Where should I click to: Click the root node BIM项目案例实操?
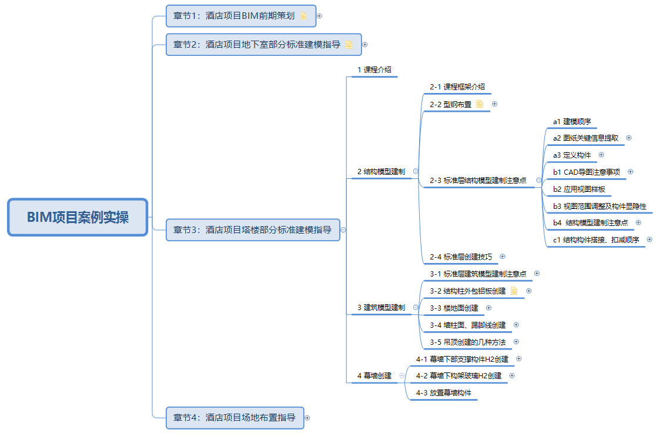coord(78,217)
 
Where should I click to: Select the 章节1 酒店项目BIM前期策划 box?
coord(241,16)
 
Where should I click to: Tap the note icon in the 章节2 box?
coord(349,44)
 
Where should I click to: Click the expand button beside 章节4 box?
coord(307,418)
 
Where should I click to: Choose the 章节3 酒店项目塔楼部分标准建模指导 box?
coord(253,230)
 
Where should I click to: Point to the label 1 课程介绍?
coord(374,69)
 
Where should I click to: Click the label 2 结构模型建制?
coord(381,171)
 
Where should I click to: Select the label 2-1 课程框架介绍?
coord(457,86)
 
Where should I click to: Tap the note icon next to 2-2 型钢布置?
coord(480,104)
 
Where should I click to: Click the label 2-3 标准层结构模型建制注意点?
coord(478,180)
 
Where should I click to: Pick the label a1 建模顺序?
coord(572,121)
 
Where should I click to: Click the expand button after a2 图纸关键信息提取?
coord(629,138)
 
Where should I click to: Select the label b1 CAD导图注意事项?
coord(587,172)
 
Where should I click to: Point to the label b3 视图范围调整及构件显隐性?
coord(600,206)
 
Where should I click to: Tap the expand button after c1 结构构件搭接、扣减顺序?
coord(650,239)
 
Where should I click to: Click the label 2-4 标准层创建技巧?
coord(461,257)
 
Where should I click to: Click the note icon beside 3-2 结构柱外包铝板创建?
coord(514,291)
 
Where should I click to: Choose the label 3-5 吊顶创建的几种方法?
coord(468,342)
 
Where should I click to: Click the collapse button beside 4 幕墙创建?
coord(401,375)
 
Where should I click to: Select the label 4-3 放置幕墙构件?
coord(443,393)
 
